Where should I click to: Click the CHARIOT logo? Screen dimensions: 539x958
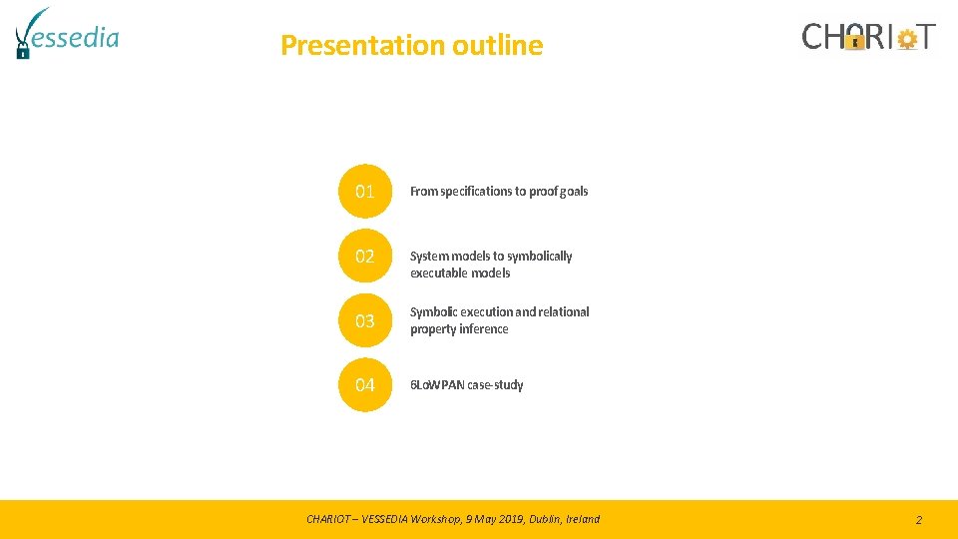(868, 37)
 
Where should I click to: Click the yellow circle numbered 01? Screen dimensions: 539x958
(365, 191)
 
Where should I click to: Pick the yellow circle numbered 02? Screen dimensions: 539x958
(365, 257)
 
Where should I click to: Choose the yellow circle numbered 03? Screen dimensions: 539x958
(365, 320)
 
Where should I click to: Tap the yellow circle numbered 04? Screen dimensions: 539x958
(365, 384)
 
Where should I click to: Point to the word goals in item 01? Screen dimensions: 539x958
(573, 192)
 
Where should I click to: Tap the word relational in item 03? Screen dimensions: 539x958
(565, 312)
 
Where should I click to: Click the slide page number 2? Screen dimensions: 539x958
(918, 520)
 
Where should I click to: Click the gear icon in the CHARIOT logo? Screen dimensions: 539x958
(907, 39)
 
